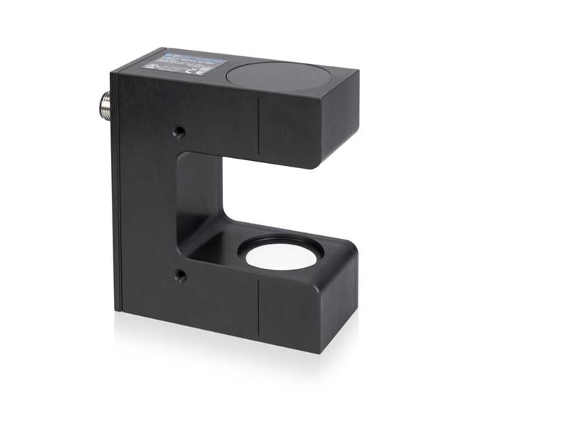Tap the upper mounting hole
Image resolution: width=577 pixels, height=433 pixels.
click(179, 131)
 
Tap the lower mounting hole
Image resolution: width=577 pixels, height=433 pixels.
click(180, 276)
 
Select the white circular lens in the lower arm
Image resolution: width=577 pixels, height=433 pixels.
click(281, 257)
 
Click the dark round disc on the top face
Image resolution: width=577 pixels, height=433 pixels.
click(278, 75)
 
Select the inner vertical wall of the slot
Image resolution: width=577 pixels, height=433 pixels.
click(199, 195)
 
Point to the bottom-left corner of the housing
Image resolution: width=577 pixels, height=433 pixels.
click(115, 310)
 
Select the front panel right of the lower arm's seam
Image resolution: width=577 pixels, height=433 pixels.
click(296, 310)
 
